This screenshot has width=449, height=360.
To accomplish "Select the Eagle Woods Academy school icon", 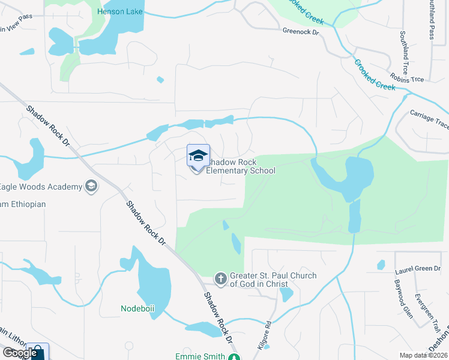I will coord(91,187).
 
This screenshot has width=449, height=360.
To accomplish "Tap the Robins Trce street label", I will coord(407,79).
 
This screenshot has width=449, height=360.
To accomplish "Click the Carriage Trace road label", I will coord(429,118).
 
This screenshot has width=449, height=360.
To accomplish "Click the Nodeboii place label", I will coord(137,309).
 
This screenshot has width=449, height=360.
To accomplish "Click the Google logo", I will coord(19,353).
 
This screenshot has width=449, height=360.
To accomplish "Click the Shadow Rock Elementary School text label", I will coord(240,167).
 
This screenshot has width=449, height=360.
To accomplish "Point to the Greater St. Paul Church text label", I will coord(273,280).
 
